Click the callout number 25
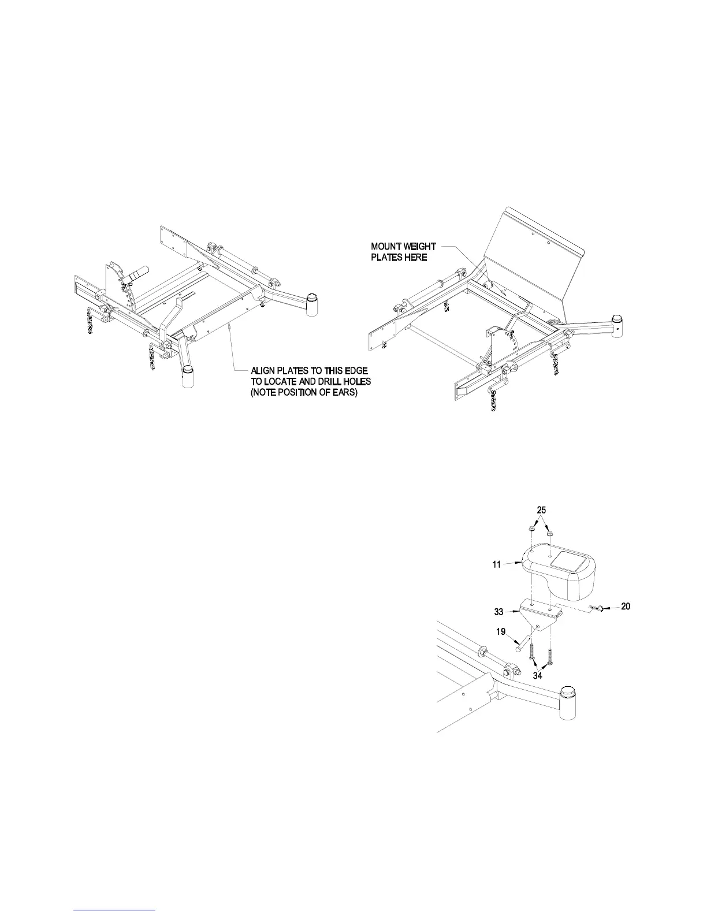pos(541,510)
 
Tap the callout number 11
pos(497,565)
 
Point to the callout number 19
pos(501,631)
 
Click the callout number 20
pos(626,606)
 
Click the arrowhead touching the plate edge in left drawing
pos(230,327)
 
